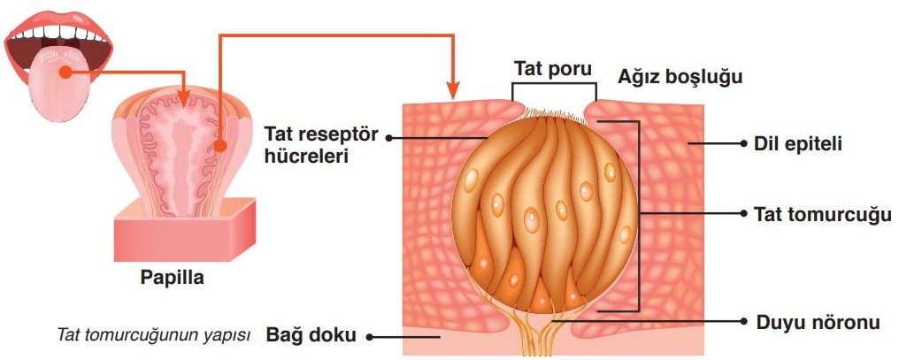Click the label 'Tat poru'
[553, 68]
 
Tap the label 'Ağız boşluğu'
[670, 77]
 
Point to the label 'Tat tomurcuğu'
[821, 214]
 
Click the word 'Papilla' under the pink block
[173, 278]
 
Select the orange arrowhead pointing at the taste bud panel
[452, 90]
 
